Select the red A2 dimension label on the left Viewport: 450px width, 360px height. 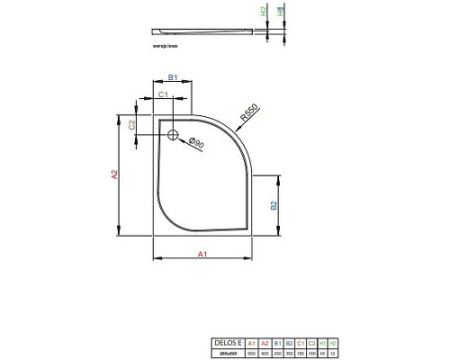(115, 176)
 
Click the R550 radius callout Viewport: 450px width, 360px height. (248, 115)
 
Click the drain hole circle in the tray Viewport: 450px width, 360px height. (173, 137)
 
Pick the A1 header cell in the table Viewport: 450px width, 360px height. (251, 344)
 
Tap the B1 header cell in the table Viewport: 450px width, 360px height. (276, 344)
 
